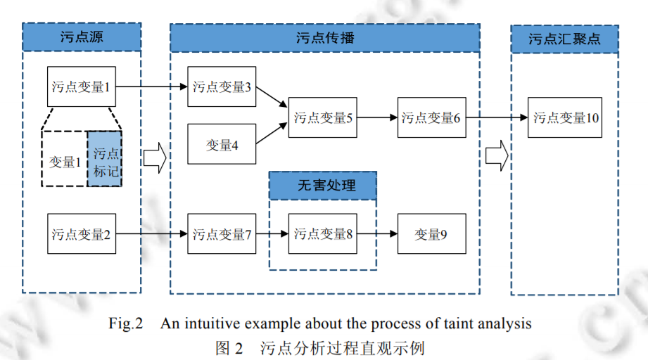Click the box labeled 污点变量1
[x=81, y=87]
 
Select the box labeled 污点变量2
[x=81, y=233]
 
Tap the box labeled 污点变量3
[x=222, y=87]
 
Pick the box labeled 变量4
[x=222, y=145]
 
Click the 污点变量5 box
[x=323, y=117]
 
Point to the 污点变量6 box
[x=431, y=117]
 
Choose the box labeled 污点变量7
[x=222, y=233]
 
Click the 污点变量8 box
[x=323, y=233]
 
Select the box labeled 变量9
[x=431, y=233]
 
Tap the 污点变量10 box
[x=566, y=117]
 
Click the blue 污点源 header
[x=82, y=37]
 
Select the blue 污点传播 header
[x=324, y=37]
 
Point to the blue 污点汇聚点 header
[x=565, y=39]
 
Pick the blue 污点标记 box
[x=105, y=159]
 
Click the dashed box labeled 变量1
[x=65, y=161]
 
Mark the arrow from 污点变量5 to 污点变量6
[x=378, y=117]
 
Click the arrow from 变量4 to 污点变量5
[x=272, y=134]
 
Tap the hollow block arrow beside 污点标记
[x=155, y=158]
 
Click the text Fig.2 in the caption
[x=126, y=324]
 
